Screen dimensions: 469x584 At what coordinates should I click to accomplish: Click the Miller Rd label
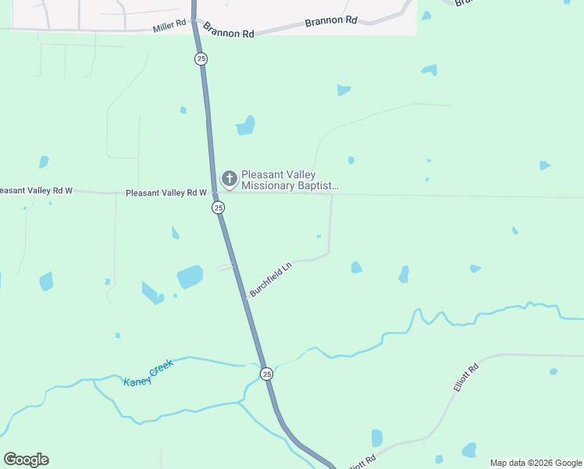(169, 27)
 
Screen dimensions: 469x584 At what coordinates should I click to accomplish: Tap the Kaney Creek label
(148, 372)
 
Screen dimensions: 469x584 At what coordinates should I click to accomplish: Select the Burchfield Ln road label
(270, 280)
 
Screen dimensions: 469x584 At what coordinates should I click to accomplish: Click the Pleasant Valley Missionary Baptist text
(290, 181)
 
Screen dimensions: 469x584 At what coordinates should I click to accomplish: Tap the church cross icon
(230, 180)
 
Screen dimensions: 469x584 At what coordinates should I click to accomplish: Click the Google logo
(26, 460)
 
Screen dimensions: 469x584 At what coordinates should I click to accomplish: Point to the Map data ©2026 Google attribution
(536, 463)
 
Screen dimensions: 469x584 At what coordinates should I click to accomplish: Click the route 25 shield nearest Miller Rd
(201, 59)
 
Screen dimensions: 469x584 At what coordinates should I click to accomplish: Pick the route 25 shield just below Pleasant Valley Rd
(218, 207)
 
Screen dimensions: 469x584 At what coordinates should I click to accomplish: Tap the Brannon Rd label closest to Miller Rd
(229, 30)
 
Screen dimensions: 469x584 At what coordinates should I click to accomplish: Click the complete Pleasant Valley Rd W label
(166, 192)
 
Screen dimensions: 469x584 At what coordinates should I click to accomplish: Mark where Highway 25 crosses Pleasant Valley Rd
(215, 192)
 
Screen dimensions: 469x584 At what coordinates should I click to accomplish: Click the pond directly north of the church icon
(246, 125)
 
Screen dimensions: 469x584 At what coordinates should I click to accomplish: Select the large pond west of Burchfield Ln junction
(190, 277)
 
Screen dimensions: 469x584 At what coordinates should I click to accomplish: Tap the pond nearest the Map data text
(469, 450)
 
